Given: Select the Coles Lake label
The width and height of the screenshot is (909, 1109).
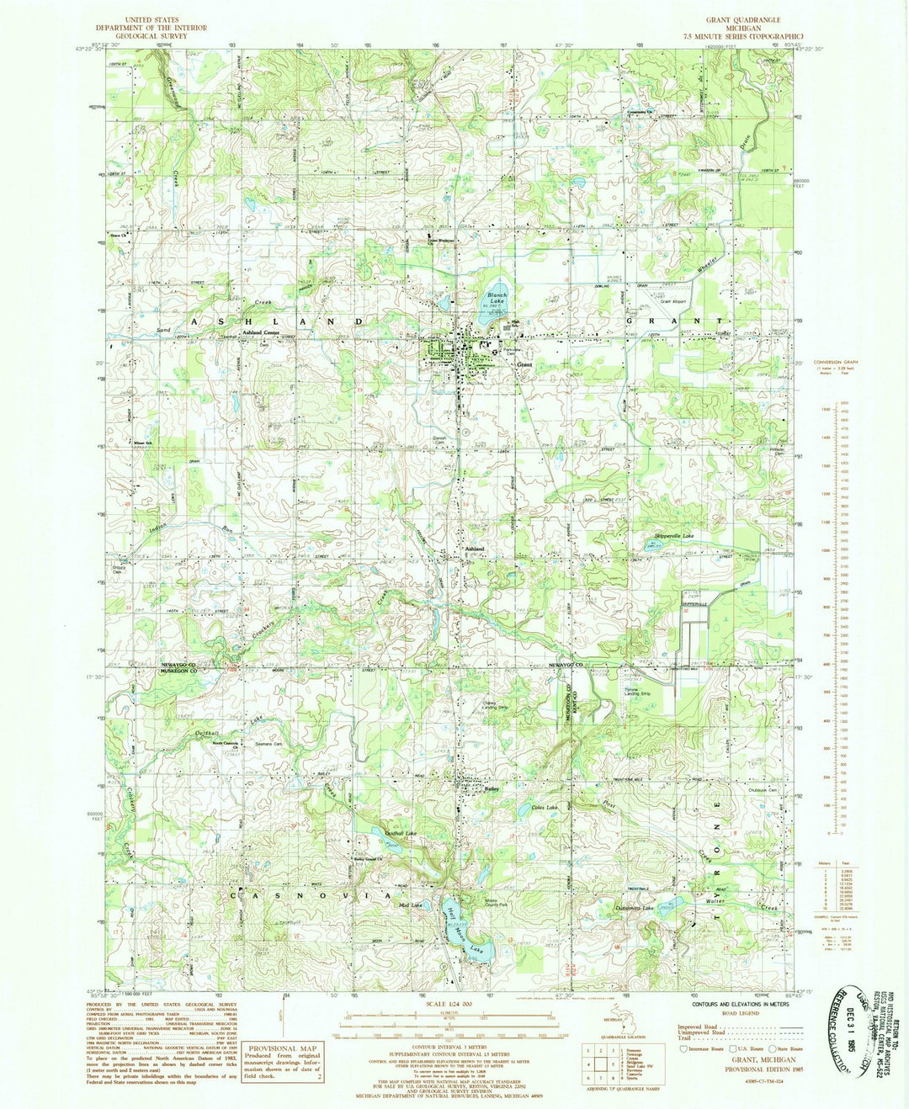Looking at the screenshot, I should coord(545,808).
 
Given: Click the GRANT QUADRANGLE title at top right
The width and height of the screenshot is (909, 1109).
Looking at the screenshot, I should coord(743,19).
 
